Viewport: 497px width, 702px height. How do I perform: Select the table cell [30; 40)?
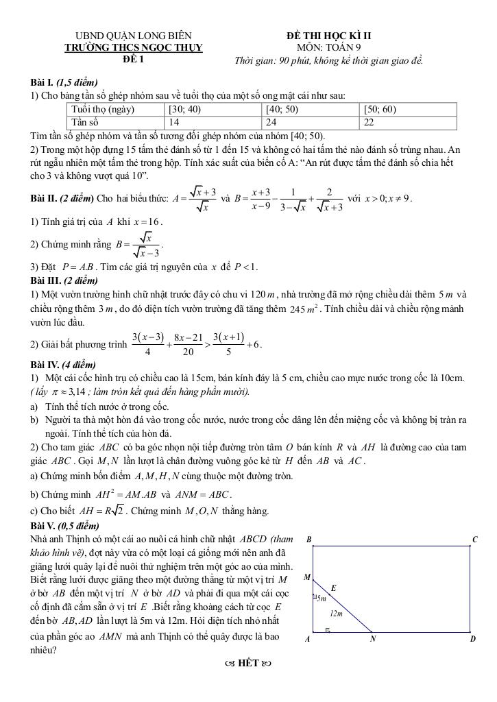[214, 109]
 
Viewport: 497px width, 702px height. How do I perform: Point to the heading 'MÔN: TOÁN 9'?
[329, 47]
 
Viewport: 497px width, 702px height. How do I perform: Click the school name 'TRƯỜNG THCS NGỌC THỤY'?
[134, 47]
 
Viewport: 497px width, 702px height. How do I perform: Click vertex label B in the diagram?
[308, 540]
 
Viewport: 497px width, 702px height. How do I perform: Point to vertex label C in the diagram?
[474, 540]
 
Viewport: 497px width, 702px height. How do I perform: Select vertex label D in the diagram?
[473, 639]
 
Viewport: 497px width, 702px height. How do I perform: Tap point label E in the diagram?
[334, 588]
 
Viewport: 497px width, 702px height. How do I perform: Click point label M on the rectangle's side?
[306, 577]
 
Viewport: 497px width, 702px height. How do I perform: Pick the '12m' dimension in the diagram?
[336, 613]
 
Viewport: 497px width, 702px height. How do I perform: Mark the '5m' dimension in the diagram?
[321, 598]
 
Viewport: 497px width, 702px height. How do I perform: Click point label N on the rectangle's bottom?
[374, 639]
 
